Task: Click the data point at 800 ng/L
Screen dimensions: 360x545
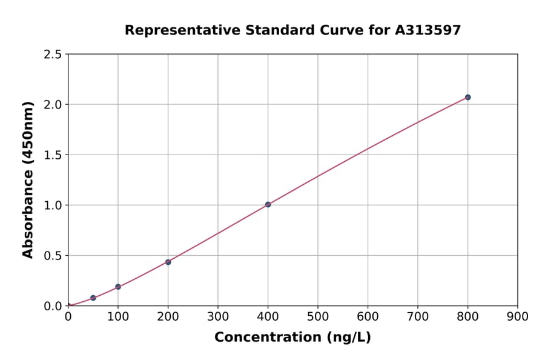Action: click(467, 97)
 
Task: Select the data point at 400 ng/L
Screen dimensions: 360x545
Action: click(268, 204)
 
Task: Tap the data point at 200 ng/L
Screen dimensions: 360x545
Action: click(168, 262)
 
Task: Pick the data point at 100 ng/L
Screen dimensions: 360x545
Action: click(118, 287)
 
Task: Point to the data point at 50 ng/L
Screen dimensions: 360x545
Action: click(93, 298)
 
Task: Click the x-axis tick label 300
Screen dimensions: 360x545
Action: click(218, 316)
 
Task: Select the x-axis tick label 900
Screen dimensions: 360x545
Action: click(518, 316)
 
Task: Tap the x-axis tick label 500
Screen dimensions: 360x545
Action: click(318, 316)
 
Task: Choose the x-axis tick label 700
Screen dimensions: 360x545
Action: click(418, 316)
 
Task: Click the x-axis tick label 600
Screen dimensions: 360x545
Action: click(368, 316)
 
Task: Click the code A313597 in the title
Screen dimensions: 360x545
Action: click(428, 30)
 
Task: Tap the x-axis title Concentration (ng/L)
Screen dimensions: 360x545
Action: click(292, 337)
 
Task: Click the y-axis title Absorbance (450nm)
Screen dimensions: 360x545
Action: click(28, 180)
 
